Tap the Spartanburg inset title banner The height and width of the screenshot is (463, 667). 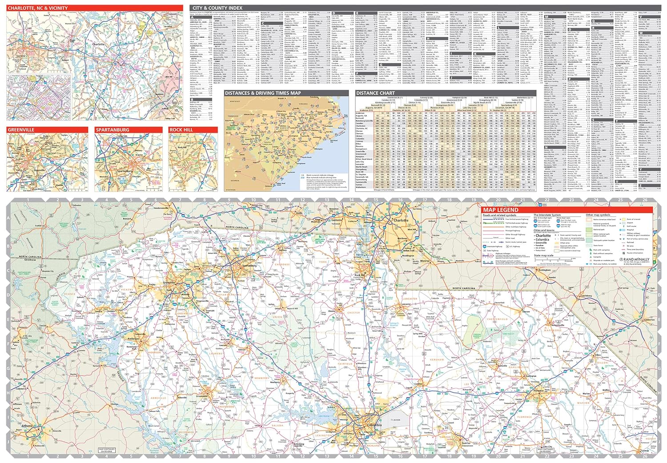click(113, 130)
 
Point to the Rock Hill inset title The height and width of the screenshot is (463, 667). click(180, 130)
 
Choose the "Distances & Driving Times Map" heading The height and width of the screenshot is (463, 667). click(263, 93)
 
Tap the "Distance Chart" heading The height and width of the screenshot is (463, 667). click(375, 93)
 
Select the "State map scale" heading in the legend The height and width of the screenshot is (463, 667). click(543, 255)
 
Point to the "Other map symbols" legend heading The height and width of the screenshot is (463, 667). click(598, 215)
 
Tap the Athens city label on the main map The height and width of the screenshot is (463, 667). click(27, 426)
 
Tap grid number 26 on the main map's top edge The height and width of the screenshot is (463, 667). click(644, 200)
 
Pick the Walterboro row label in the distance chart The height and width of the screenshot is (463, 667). click(362, 187)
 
